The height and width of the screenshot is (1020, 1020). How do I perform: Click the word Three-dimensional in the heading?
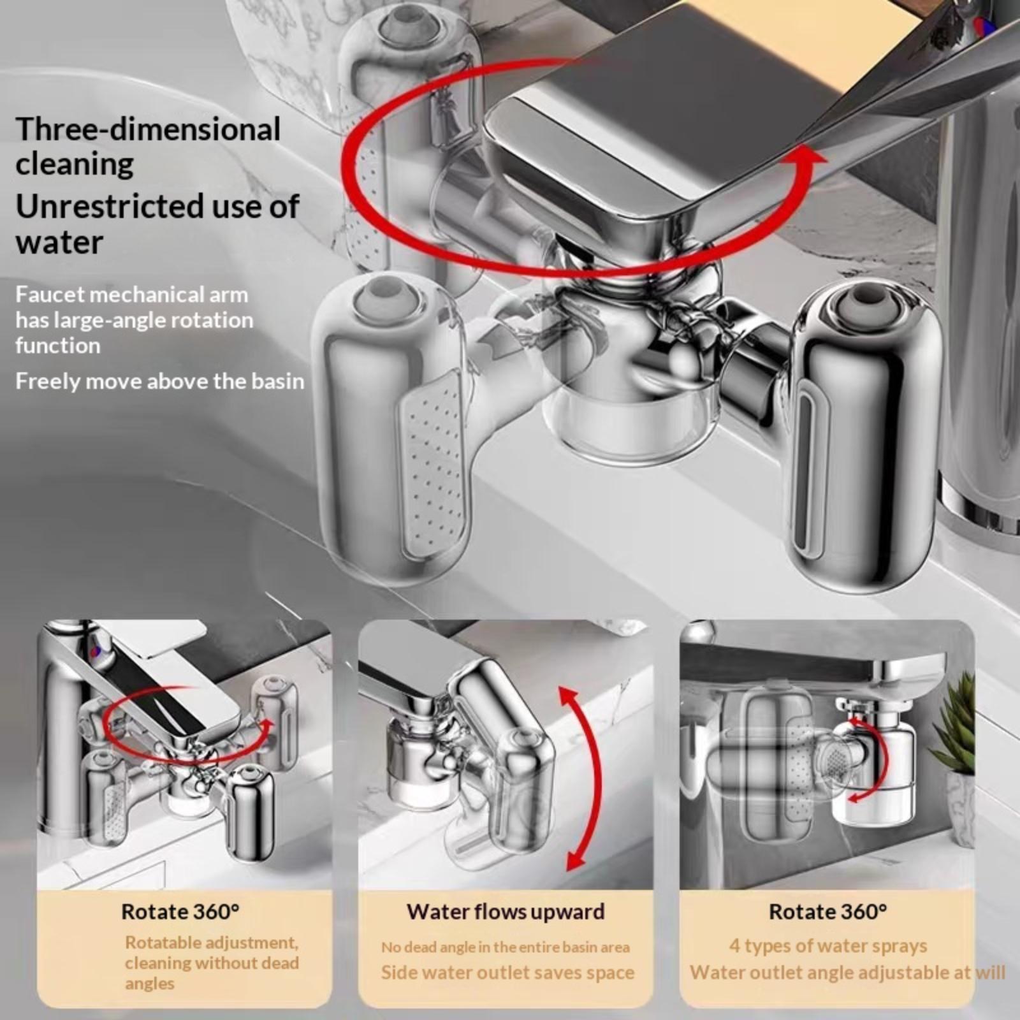(148, 129)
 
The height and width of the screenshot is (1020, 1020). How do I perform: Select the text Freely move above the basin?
(160, 381)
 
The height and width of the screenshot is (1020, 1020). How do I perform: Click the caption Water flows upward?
(506, 912)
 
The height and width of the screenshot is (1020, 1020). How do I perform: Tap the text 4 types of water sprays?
(827, 946)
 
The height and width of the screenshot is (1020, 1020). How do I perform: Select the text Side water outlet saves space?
(507, 973)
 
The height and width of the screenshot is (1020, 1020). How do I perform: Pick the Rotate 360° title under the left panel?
(180, 912)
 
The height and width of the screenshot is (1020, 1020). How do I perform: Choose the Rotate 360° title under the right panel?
(827, 912)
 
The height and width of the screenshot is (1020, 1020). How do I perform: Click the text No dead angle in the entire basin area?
(506, 947)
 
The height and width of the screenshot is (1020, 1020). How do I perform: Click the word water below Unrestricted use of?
(59, 242)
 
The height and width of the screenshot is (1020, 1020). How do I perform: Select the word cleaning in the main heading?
(75, 165)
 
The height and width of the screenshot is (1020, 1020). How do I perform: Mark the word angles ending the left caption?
(149, 984)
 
